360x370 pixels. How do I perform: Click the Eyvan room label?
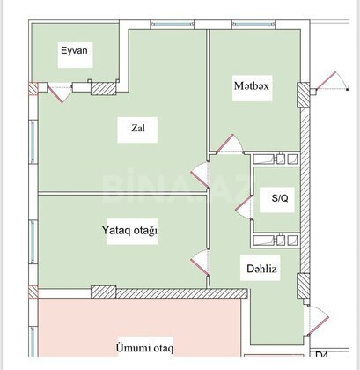point(74,50)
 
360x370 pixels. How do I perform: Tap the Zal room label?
point(138,128)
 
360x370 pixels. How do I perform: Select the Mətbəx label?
point(252,85)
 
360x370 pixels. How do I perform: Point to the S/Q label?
point(280,198)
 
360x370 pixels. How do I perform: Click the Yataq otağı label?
point(129,231)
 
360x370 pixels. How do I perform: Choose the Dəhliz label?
point(261,269)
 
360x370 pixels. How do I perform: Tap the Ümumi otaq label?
point(144,348)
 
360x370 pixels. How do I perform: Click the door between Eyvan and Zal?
point(59,93)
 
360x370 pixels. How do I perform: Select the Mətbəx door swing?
point(229,144)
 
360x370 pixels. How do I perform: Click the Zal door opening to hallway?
point(200,175)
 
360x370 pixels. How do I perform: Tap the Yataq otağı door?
point(200,263)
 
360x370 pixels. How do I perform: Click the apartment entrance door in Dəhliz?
point(318,320)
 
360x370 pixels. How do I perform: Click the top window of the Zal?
point(173,25)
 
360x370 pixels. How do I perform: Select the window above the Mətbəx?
point(253,25)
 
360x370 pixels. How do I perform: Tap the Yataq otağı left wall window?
point(33,242)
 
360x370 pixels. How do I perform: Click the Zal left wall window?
point(33,143)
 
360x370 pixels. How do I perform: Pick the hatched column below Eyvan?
point(103,88)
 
